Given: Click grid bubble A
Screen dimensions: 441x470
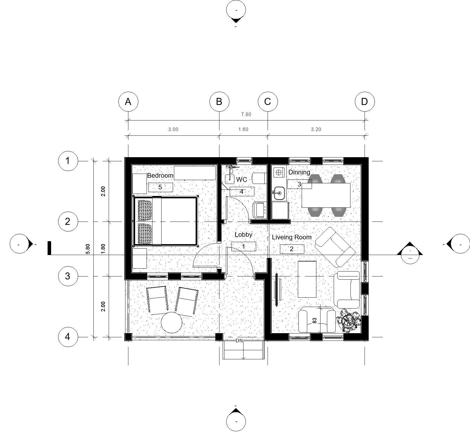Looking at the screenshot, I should pos(128,102).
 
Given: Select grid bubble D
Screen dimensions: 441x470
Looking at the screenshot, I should pos(365,102).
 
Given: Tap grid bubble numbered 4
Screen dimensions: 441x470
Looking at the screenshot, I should pos(68,337).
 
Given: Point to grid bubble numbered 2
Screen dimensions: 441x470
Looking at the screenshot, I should pos(68,222).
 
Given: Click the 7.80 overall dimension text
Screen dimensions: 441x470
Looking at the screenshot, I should pos(246,115).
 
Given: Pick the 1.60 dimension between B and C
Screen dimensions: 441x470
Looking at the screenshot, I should pos(243,129).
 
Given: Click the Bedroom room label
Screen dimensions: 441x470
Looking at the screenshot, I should pos(160,175).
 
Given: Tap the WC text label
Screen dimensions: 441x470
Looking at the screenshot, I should pos(241,179).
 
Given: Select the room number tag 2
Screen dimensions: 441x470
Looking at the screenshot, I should pos(292,249).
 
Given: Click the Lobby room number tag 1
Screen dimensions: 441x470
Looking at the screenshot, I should pos(244,247).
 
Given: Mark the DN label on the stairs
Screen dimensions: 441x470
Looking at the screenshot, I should pos(239,341).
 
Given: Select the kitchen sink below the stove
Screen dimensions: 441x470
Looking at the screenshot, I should pos(279,193).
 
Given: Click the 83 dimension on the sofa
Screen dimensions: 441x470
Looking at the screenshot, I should pos(315,321).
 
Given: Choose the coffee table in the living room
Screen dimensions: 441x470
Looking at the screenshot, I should pos(307,279).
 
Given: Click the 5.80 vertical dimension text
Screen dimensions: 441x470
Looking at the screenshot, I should pos(88,249).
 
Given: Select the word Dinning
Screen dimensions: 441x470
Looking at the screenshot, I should pos(299,172).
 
